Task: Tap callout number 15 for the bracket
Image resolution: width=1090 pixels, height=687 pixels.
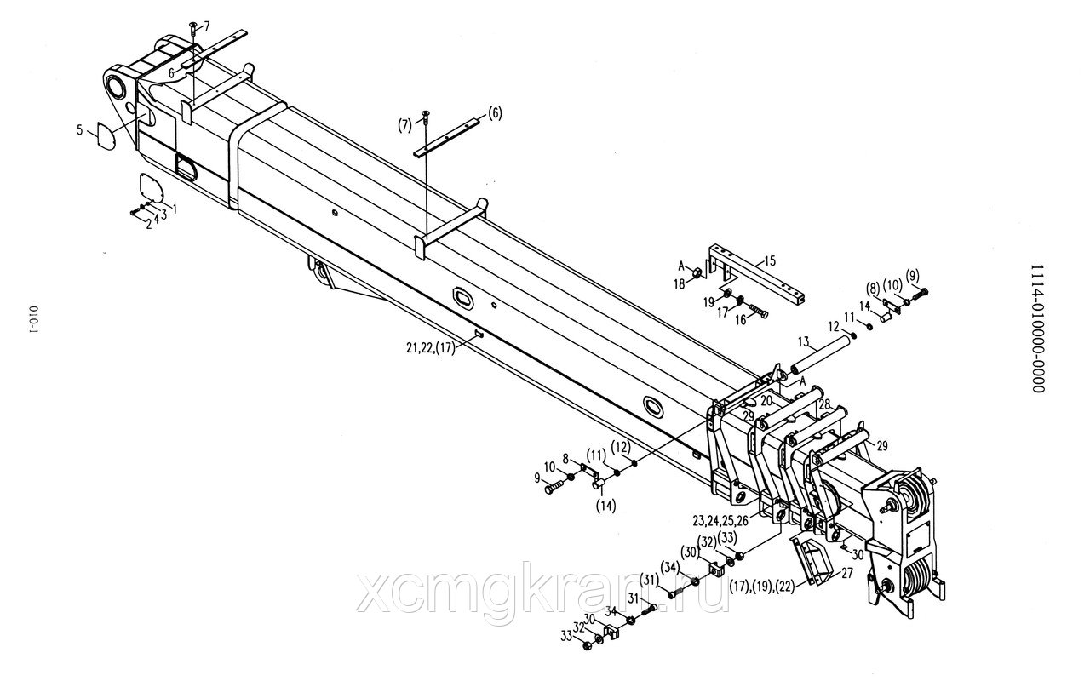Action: point(770,260)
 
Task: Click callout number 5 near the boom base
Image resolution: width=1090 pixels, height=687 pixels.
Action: point(80,130)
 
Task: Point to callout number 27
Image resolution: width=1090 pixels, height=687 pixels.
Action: point(847,573)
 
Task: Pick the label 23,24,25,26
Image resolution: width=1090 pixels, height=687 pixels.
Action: point(721,520)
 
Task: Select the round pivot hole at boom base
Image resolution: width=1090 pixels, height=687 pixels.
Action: point(116,85)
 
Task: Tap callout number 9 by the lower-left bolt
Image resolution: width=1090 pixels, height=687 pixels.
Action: point(538,478)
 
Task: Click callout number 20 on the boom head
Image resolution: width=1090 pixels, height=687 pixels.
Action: point(766,400)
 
